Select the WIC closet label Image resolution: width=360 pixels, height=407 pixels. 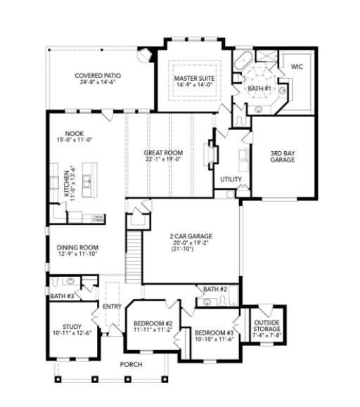coord(296,66)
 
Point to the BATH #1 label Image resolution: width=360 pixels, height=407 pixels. coord(259,89)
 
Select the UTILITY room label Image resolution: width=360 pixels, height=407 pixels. coord(231,179)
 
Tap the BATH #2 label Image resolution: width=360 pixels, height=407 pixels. coord(215,290)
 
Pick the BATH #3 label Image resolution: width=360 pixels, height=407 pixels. coord(62,297)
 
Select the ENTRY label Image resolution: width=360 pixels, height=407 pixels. coord(112,306)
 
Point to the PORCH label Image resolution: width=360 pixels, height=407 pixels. coord(131,364)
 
